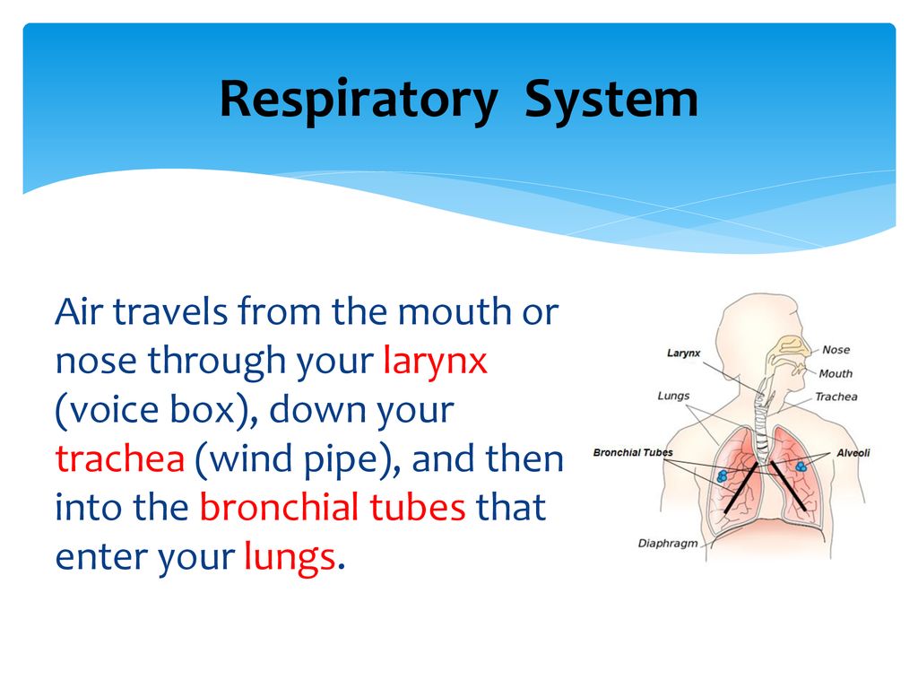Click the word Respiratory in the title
[359, 100]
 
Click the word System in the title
[611, 100]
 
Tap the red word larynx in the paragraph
[435, 361]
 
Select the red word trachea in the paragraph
[120, 458]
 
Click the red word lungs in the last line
[290, 557]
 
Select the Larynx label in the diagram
[683, 353]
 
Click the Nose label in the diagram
[836, 350]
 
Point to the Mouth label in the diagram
[836, 374]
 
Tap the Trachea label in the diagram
[836, 397]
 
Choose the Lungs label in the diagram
[673, 397]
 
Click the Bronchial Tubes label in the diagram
[633, 453]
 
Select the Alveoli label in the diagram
[853, 453]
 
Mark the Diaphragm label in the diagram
[667, 544]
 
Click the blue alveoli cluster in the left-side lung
[723, 475]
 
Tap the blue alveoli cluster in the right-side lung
[801, 467]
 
